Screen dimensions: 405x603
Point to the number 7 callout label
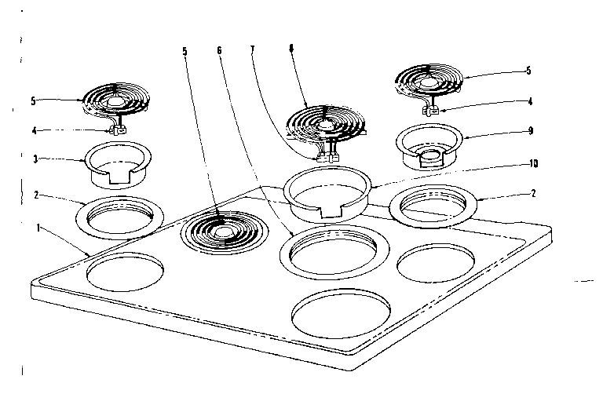coord(253,50)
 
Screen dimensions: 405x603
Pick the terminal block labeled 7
coord(324,156)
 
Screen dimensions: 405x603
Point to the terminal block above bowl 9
coord(429,110)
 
